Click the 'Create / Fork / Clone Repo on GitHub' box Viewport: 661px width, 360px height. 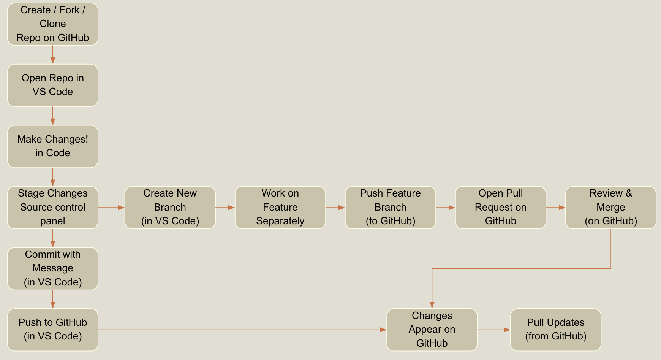tap(53, 24)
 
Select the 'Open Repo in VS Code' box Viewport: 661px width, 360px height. tap(53, 85)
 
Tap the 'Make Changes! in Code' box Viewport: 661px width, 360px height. tap(53, 146)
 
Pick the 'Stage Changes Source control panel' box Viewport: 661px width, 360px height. tap(53, 208)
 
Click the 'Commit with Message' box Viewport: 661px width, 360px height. tap(53, 269)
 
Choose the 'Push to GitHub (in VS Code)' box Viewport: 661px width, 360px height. tap(53, 330)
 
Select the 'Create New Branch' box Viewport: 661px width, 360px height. tap(170, 208)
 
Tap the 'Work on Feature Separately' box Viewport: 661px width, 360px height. tap(280, 208)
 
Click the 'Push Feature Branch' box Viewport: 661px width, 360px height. tap(391, 208)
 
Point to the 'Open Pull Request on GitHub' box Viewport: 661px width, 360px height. tap(501, 208)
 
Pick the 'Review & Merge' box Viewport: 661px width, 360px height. tap(611, 208)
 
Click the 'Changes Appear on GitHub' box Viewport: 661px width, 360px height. tap(432, 330)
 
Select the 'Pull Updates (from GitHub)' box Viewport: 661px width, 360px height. tap(556, 330)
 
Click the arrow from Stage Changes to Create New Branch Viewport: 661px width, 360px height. tap(111, 208)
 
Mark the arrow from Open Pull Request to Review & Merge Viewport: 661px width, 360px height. tap(556, 208)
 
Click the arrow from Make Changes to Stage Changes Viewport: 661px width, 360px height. tap(53, 177)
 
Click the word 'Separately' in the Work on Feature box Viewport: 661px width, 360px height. tap(280, 221)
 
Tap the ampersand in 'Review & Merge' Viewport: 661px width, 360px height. tap(629, 193)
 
